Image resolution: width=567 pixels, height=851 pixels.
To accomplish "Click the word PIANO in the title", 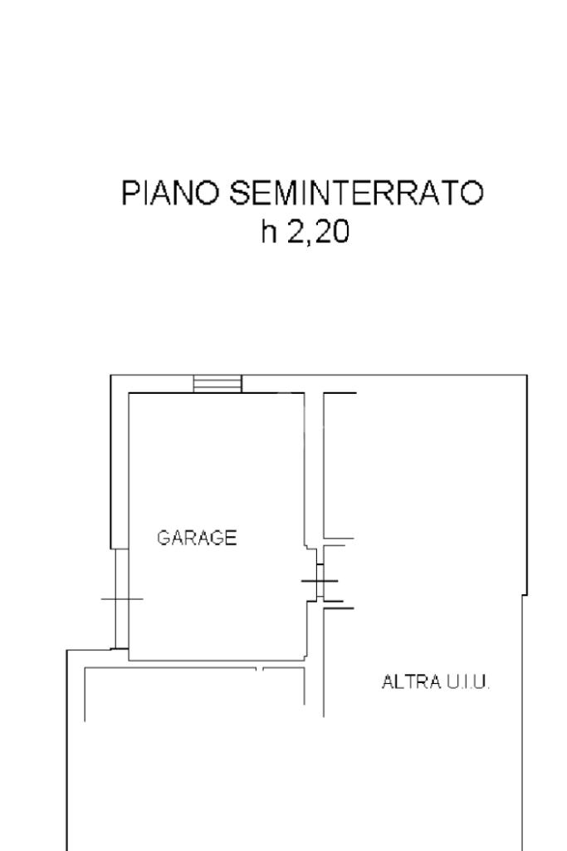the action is [x=170, y=194].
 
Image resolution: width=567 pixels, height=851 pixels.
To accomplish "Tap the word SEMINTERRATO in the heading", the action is [x=355, y=194].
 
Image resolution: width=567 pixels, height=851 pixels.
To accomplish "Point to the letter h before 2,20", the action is [x=268, y=234].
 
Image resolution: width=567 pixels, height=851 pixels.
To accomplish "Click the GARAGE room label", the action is [x=197, y=538].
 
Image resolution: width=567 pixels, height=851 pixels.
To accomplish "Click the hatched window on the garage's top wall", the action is [x=218, y=383].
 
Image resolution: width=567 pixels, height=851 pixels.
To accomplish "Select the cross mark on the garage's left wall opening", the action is [x=121, y=598].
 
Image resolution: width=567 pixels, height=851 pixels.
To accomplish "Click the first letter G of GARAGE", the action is [x=164, y=538].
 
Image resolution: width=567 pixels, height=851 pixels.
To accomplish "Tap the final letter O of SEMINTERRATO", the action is [x=472, y=194].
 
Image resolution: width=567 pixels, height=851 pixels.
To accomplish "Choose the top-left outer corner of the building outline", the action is [x=111, y=376].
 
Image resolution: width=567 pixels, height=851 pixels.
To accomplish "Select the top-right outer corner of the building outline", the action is [x=526, y=376].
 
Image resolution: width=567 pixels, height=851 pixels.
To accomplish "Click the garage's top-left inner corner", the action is [x=129, y=393].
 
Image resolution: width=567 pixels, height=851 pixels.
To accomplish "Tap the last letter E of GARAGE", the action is [x=232, y=538].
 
